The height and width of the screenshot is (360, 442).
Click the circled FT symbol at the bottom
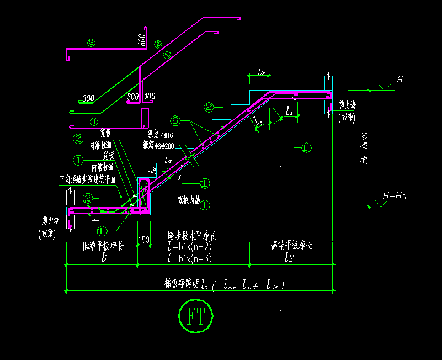[x=196, y=316]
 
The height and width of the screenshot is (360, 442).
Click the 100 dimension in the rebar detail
[x=150, y=97]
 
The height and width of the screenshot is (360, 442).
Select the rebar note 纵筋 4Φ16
[x=160, y=134]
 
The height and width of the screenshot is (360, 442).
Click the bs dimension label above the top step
[x=262, y=72]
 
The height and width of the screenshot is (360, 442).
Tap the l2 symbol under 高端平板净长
[x=290, y=257]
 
